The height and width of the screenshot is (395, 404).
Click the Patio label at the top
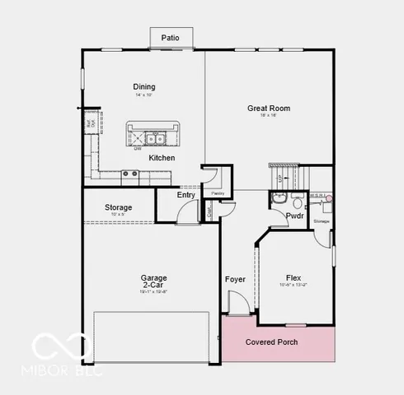171,37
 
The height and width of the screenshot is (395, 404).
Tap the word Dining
144,86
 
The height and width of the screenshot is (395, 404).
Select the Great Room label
269,108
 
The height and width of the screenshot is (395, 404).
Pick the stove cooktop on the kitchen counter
129,174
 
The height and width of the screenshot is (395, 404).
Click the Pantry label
218,193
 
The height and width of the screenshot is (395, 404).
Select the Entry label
186,195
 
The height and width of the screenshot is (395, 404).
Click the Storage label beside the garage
119,207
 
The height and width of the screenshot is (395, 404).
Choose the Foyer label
235,279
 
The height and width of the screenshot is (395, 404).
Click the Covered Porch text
272,342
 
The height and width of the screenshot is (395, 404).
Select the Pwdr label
294,216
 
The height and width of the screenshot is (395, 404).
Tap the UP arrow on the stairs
280,178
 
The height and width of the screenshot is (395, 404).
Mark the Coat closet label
209,211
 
